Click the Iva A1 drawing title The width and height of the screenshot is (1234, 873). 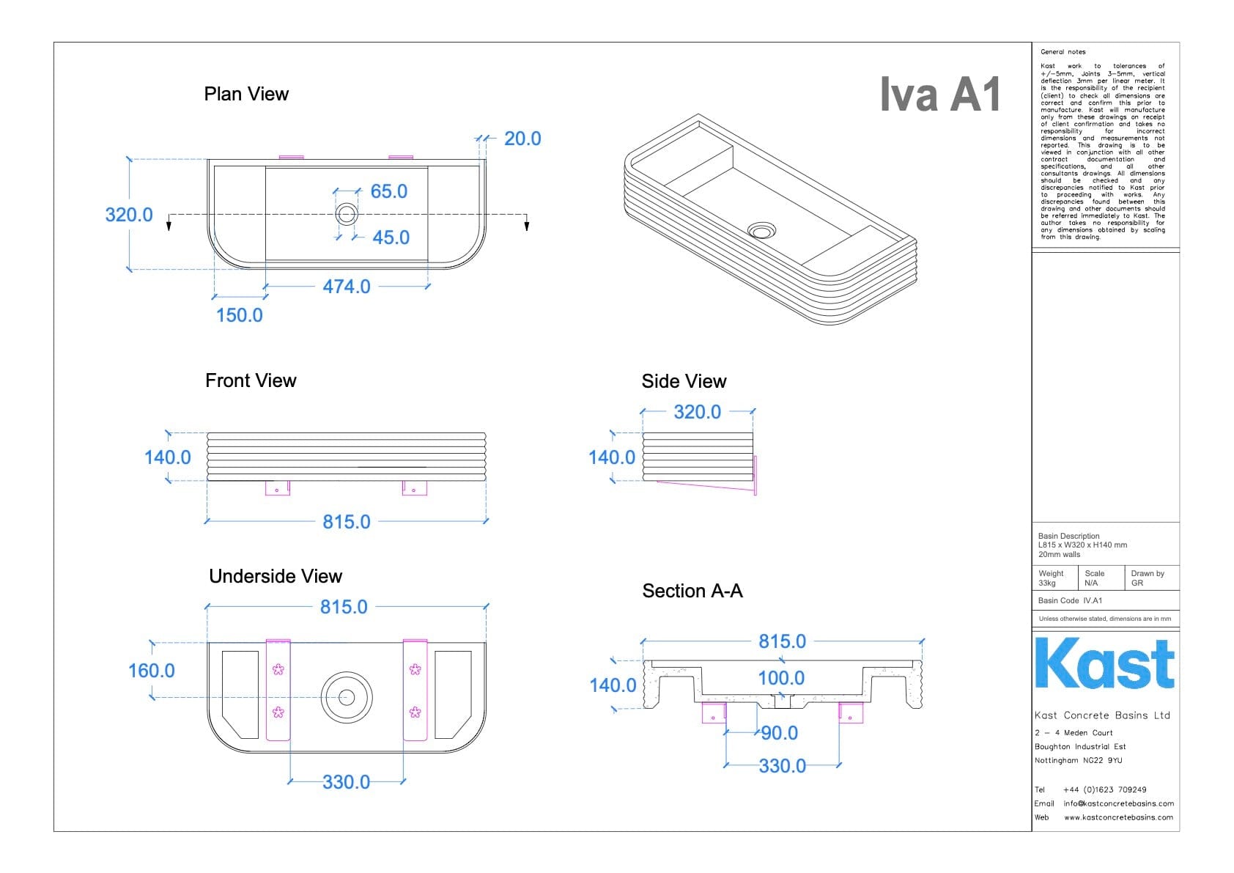(x=940, y=95)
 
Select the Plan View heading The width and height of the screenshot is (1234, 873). (x=246, y=95)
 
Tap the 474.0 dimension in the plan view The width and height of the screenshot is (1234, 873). (x=347, y=287)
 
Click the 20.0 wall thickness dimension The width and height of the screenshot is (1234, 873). (x=522, y=139)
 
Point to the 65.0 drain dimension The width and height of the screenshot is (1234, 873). (x=388, y=191)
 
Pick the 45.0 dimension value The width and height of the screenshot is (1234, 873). (x=391, y=237)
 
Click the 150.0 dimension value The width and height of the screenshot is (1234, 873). (x=239, y=315)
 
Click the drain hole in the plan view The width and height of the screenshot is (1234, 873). (x=347, y=214)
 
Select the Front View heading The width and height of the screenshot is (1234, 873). (x=251, y=380)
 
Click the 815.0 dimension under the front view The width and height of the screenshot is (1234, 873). (x=347, y=522)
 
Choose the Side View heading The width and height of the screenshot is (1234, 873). (x=684, y=381)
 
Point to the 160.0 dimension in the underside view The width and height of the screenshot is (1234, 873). (x=151, y=671)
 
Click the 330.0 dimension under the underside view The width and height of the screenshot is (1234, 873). (x=346, y=782)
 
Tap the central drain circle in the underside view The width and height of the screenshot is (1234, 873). (x=347, y=697)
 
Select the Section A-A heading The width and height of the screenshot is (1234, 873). (x=692, y=591)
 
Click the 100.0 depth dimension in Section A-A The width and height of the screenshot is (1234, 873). (x=781, y=678)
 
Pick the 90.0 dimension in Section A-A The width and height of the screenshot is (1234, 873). (x=779, y=733)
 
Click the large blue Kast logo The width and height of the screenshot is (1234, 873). (x=1104, y=663)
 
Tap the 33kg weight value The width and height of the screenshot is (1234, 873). (x=1047, y=583)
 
